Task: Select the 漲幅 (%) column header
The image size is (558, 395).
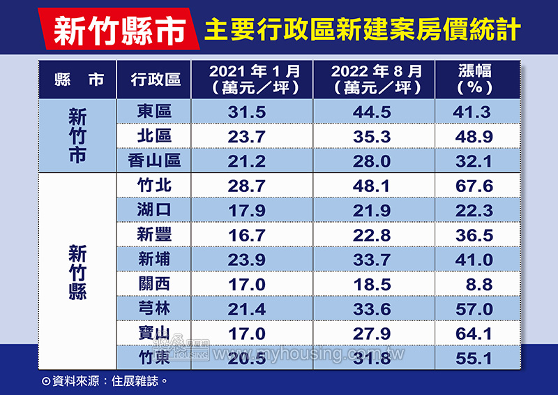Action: pyautogui.click(x=475, y=79)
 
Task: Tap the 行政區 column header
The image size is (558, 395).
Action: pyautogui.click(x=156, y=79)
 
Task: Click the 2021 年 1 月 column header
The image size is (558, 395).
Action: pyautogui.click(x=255, y=79)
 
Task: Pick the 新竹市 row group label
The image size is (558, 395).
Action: pyautogui.click(x=77, y=135)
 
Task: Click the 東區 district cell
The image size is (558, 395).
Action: pyautogui.click(x=155, y=112)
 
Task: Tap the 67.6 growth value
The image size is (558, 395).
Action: pyautogui.click(x=475, y=186)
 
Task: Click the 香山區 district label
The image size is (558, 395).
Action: pyautogui.click(x=155, y=161)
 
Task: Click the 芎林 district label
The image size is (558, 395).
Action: pyautogui.click(x=155, y=309)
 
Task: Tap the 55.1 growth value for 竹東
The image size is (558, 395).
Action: pyautogui.click(x=475, y=359)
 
